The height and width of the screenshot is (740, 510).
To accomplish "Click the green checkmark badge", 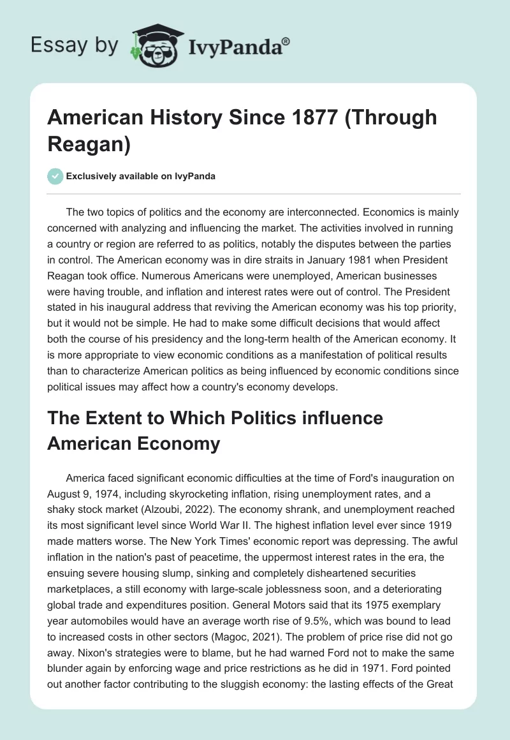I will coord(55,176).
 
